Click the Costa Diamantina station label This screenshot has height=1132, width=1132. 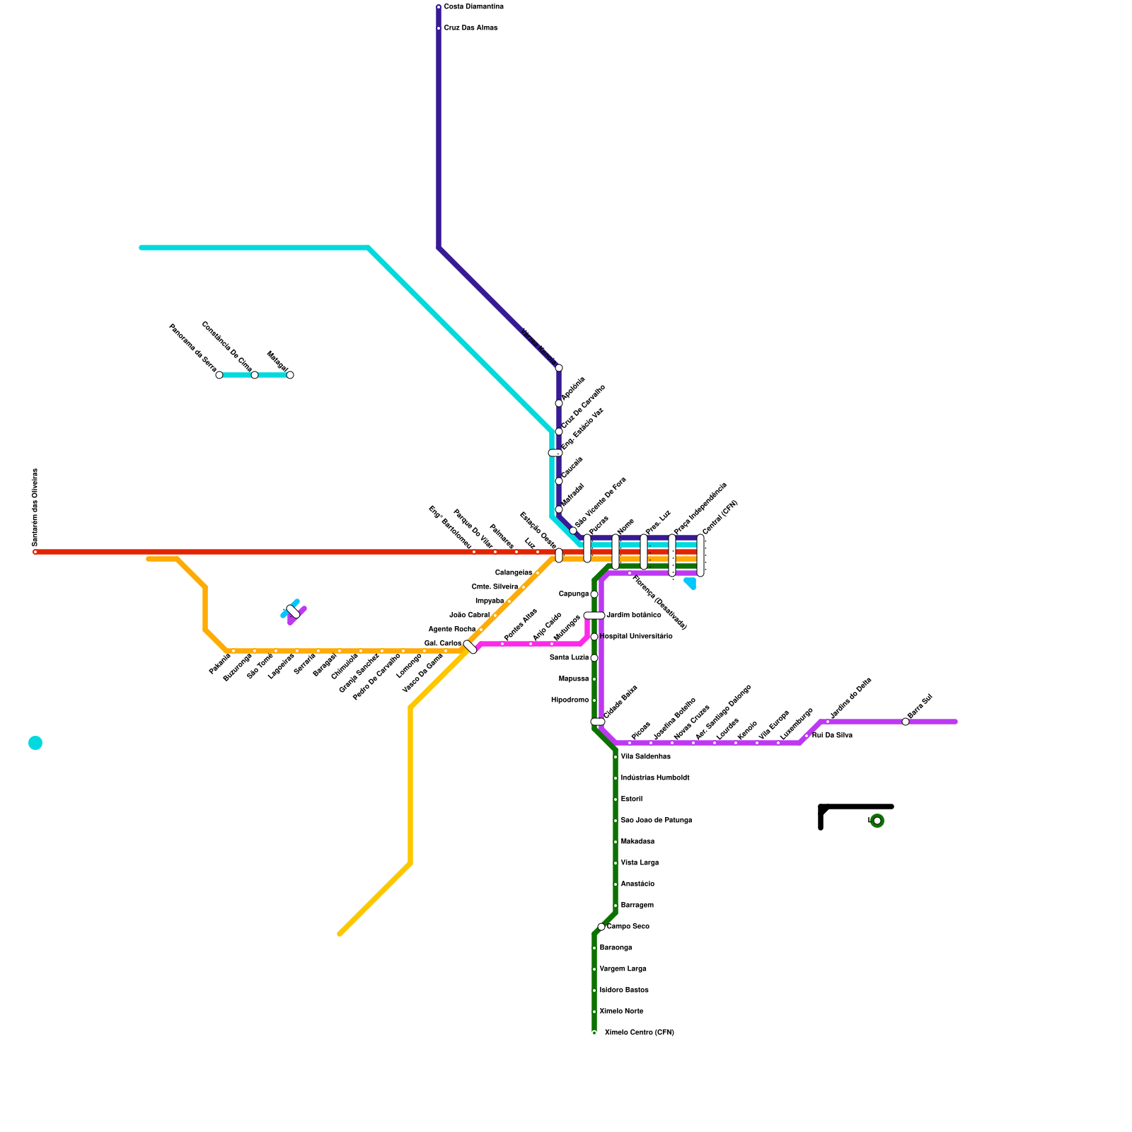point(473,7)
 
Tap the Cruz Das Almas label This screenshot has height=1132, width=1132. point(470,28)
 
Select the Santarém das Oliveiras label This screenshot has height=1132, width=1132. point(35,507)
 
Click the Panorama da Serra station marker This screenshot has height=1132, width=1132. point(219,375)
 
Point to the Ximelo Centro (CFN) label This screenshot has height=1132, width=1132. point(639,1033)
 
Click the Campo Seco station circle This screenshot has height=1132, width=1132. point(601,927)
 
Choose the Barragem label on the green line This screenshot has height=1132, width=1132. point(637,906)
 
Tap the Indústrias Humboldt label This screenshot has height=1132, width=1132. point(654,778)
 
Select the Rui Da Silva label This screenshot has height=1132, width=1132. point(831,736)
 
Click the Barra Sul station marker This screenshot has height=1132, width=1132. point(906,722)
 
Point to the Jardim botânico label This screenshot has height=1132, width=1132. point(633,616)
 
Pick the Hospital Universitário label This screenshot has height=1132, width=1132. point(635,637)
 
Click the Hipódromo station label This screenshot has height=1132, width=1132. point(570,700)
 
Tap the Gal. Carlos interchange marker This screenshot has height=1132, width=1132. point(470,647)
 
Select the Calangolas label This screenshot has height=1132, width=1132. point(513,573)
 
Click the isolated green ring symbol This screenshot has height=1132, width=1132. point(877,821)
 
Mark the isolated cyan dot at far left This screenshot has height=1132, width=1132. point(35,743)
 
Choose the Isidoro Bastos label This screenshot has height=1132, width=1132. point(623,990)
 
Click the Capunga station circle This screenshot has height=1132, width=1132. point(594,594)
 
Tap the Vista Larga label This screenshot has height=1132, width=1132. point(639,863)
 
